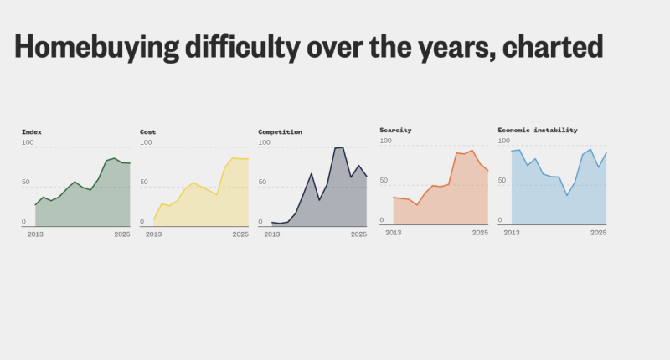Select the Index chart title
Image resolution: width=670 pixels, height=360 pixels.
coord(32,132)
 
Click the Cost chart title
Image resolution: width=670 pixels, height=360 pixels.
coord(147,132)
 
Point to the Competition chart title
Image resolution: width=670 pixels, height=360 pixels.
coord(280,132)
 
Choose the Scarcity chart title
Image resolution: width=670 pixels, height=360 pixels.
coord(395,131)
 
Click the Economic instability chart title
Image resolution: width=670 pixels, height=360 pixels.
coord(537,131)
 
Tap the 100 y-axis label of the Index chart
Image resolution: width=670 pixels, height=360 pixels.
coord(28,143)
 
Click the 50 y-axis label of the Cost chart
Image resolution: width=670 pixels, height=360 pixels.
coord(145,182)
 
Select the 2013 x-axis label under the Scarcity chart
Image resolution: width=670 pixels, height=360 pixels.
coord(393,232)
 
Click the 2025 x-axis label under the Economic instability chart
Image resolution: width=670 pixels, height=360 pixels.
coord(598,232)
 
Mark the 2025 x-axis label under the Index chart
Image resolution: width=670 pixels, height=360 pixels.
coord(122,234)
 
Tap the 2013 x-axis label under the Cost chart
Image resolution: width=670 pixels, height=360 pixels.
coord(153,234)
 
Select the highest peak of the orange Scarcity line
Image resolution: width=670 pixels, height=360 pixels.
coord(472,151)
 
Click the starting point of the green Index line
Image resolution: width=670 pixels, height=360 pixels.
coord(35,205)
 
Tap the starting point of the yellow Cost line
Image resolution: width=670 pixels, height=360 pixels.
coord(153,220)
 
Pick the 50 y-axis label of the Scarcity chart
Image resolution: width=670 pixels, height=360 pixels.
coord(384,180)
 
